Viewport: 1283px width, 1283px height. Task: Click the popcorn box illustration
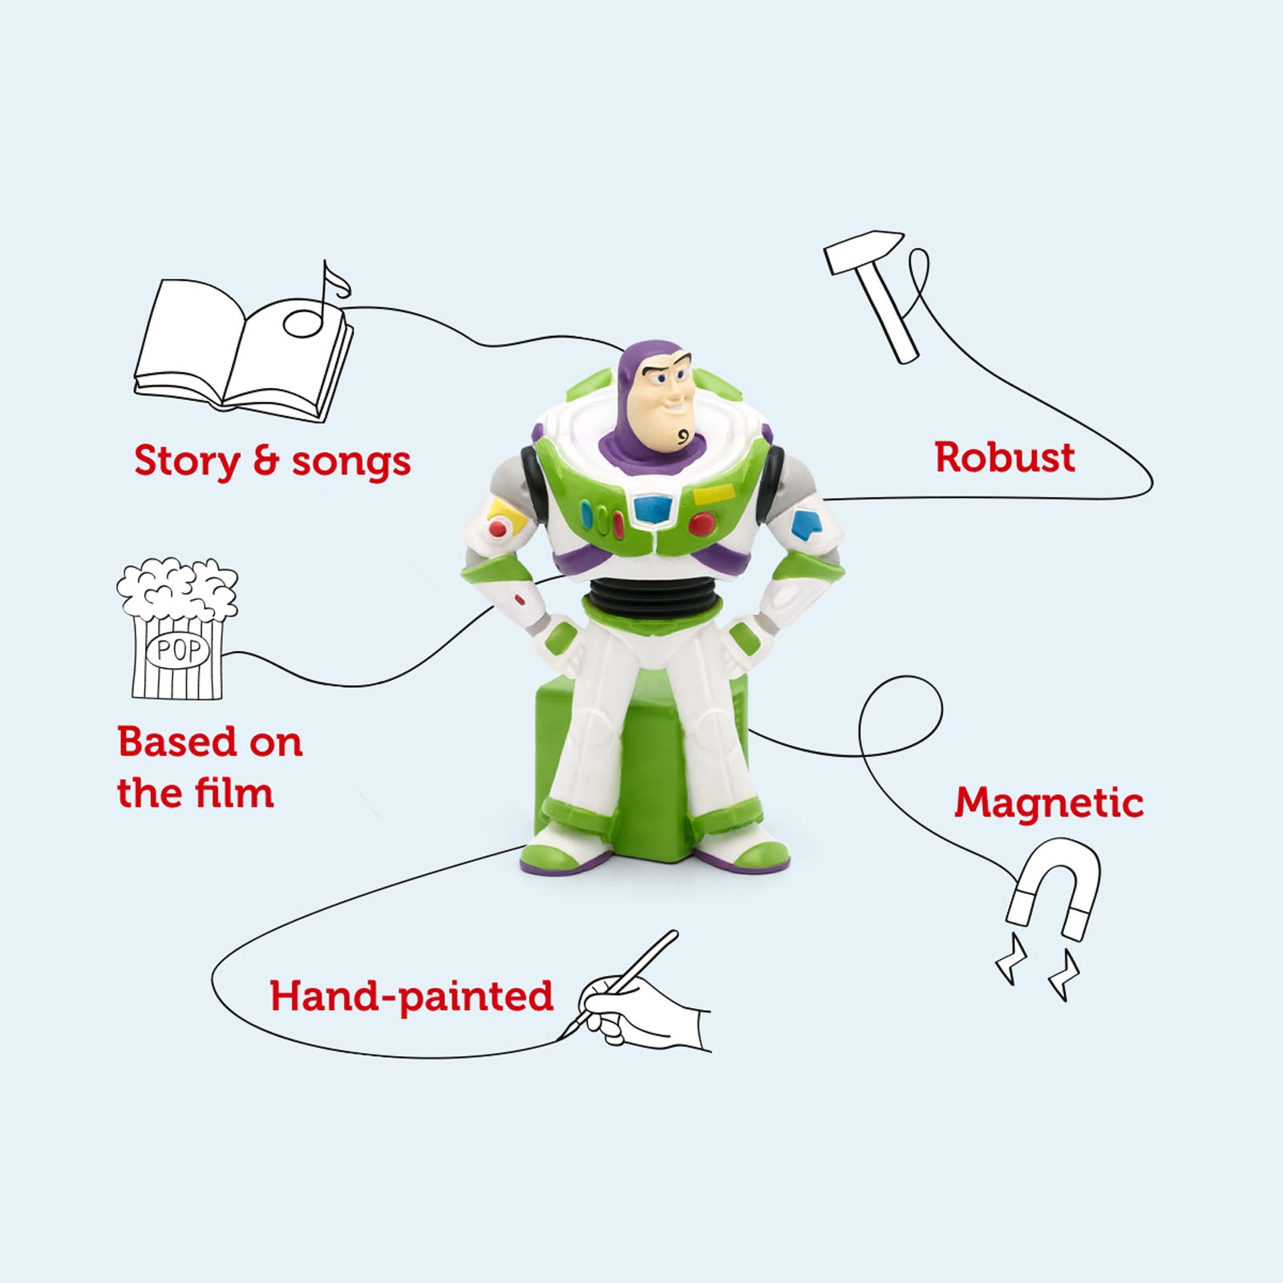click(x=177, y=628)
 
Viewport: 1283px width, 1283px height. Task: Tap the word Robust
click(x=1004, y=458)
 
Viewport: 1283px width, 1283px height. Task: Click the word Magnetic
click(x=1049, y=803)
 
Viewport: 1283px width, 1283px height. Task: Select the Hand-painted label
click(x=411, y=997)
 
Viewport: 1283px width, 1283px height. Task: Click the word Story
click(x=187, y=462)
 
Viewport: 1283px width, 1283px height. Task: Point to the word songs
click(x=350, y=463)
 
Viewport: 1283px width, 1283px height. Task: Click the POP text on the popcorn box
click(x=178, y=650)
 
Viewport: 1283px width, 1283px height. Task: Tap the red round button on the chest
click(x=702, y=524)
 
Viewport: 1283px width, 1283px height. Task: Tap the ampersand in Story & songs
click(x=265, y=461)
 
